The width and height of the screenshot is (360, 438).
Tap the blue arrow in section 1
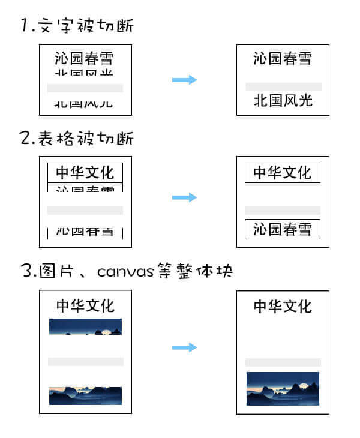(x=184, y=80)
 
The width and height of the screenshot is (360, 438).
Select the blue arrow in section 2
(x=184, y=197)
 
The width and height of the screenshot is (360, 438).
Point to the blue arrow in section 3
(x=184, y=347)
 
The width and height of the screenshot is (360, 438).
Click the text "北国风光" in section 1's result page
(x=283, y=100)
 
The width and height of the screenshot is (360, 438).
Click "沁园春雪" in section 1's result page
(x=283, y=58)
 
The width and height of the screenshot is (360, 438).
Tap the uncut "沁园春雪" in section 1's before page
(x=84, y=58)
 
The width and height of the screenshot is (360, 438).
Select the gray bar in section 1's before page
(x=85, y=88)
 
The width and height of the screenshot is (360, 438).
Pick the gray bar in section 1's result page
(x=283, y=86)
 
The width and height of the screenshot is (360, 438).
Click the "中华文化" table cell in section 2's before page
(x=85, y=173)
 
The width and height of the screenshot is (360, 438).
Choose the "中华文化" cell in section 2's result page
(x=283, y=173)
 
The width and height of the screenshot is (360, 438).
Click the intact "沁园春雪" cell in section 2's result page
(x=283, y=229)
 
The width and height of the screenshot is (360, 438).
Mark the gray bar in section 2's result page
(x=283, y=211)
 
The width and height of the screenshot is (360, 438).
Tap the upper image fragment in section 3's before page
(x=85, y=326)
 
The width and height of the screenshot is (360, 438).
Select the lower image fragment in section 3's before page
(x=85, y=395)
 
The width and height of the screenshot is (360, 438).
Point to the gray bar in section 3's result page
(x=283, y=362)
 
